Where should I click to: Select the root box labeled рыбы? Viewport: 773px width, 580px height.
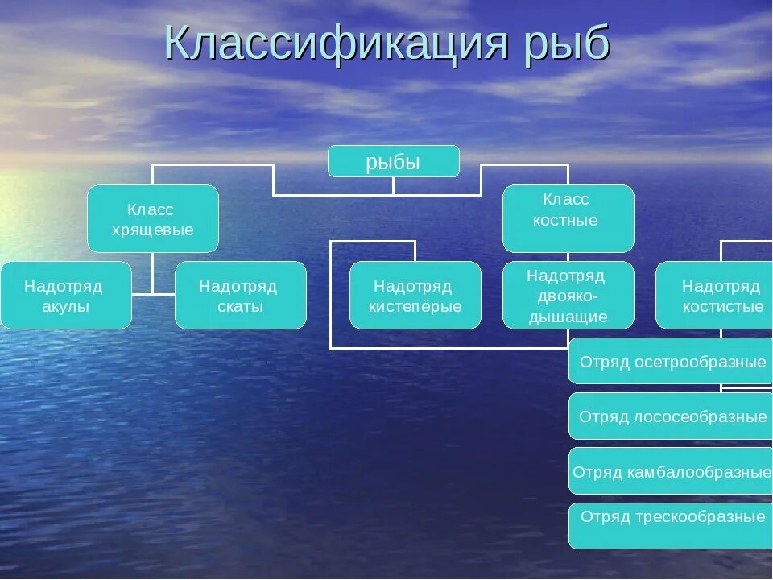[393, 162]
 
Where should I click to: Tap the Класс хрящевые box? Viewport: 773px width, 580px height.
[152, 219]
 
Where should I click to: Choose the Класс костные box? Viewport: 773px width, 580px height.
[568, 218]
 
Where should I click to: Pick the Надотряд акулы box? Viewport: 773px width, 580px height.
[65, 296]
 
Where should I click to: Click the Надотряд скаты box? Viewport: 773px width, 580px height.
[240, 296]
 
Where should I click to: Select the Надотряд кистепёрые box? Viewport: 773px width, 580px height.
[415, 296]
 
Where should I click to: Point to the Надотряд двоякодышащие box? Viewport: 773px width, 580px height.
[568, 296]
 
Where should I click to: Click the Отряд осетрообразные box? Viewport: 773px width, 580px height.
[671, 362]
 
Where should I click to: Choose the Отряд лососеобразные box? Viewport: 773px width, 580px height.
[671, 416]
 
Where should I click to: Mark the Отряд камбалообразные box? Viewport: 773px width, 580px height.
[671, 471]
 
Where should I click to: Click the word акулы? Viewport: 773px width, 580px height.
[65, 306]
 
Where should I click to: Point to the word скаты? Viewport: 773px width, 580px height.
[240, 306]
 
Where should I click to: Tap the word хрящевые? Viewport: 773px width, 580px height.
[152, 230]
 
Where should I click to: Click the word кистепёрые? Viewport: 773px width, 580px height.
[415, 306]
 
